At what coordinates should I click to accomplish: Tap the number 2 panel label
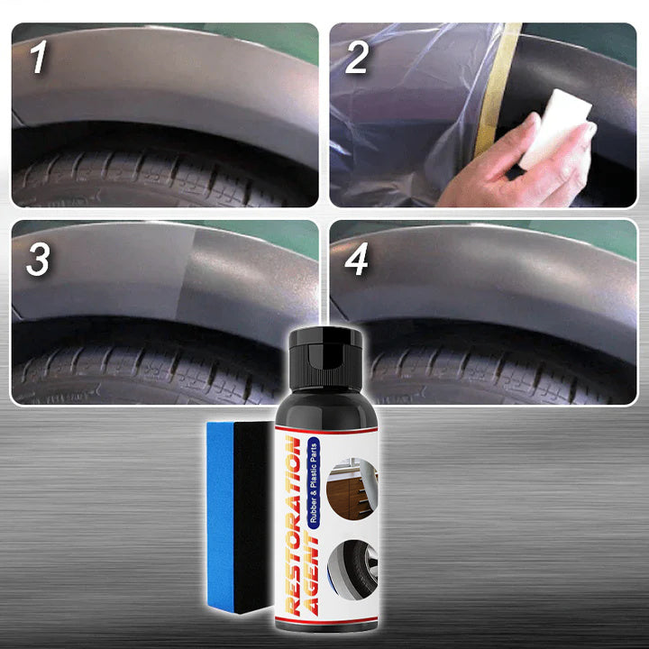[356, 57]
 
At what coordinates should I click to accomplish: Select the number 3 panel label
[38, 259]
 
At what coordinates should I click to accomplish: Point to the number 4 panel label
[356, 259]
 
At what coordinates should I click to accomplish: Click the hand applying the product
[517, 166]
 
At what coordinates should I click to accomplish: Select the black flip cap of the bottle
[325, 357]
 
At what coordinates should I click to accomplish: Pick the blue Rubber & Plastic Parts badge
[314, 482]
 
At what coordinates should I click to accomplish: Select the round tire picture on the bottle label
[352, 570]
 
